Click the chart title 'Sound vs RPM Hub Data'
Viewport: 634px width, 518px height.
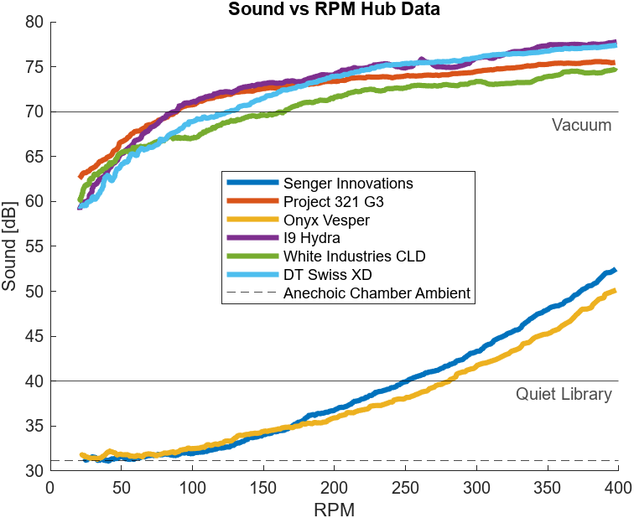click(334, 9)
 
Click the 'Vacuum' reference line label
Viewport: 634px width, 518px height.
click(581, 125)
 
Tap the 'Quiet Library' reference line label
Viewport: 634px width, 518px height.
click(564, 394)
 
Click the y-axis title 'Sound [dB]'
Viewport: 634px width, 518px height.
click(9, 246)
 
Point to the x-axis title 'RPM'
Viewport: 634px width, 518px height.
click(334, 510)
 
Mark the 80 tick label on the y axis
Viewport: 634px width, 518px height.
click(34, 22)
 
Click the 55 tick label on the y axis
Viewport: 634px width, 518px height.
click(34, 246)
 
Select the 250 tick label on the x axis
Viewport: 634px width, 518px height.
click(405, 488)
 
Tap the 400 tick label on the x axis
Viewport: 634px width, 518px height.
click(618, 488)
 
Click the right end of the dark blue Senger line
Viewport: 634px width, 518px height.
click(616, 270)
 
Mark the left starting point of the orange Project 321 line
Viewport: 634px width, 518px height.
click(81, 176)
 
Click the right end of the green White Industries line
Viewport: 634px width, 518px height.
click(616, 70)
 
